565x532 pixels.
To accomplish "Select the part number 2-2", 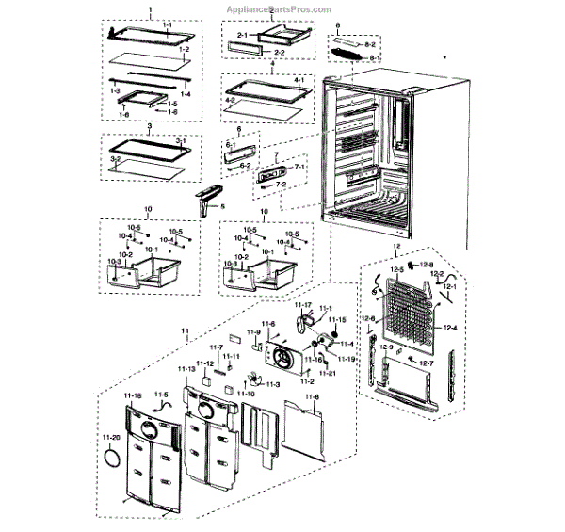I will click(266, 52).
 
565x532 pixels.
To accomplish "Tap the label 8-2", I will click(371, 44).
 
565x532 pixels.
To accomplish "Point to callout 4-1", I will click(299, 79).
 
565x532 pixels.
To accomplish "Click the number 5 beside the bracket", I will click(222, 205).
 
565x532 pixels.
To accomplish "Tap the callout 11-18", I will click(132, 395).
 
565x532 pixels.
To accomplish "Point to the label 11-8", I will click(313, 398).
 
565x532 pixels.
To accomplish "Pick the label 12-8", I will click(426, 265).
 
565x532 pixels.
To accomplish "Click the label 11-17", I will click(303, 305).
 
